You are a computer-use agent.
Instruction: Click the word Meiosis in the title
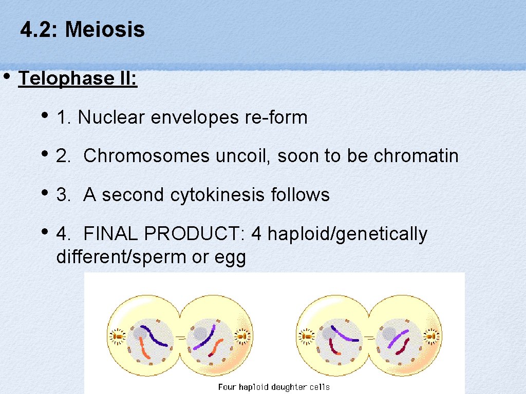(x=105, y=30)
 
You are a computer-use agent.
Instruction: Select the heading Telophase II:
(x=78, y=78)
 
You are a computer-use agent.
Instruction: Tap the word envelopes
(x=195, y=118)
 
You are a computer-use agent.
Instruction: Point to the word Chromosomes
(x=146, y=156)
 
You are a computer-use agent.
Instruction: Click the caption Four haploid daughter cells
(x=274, y=387)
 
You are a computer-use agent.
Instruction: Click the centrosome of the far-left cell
(x=117, y=336)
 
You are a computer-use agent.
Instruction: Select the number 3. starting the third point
(x=64, y=195)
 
